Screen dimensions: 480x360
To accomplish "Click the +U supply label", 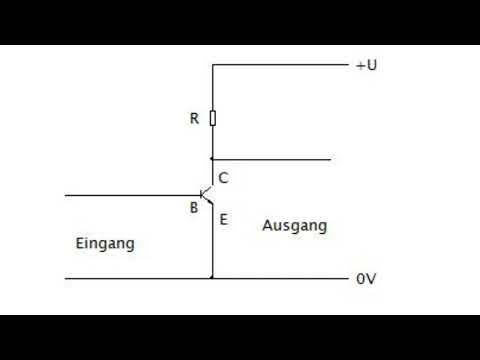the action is (x=366, y=66).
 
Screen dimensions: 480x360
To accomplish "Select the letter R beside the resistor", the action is (x=194, y=119).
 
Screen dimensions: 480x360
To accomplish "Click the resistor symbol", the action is (x=212, y=119).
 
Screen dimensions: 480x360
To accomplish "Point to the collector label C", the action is (x=223, y=178).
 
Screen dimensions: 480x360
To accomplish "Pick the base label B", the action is (x=194, y=208).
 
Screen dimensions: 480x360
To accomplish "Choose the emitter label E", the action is (x=223, y=218).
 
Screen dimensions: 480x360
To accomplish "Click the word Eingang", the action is (x=105, y=243).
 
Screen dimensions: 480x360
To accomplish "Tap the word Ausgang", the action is (x=294, y=226).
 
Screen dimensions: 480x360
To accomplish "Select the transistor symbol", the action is (x=206, y=194).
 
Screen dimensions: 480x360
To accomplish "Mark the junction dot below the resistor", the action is (x=212, y=159).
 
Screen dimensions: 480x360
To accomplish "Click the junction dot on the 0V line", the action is (x=212, y=278).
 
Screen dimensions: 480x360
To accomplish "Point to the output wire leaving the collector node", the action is (x=270, y=159).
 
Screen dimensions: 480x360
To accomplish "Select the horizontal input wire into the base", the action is (x=130, y=194).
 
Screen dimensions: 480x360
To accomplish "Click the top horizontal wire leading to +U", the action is (x=280, y=66).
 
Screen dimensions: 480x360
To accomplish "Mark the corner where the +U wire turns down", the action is (x=212, y=66).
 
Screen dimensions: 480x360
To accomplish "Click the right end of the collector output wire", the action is (x=329, y=159).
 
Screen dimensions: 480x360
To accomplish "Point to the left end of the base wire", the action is (x=66, y=194).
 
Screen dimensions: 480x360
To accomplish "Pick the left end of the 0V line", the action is (x=66, y=278).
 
